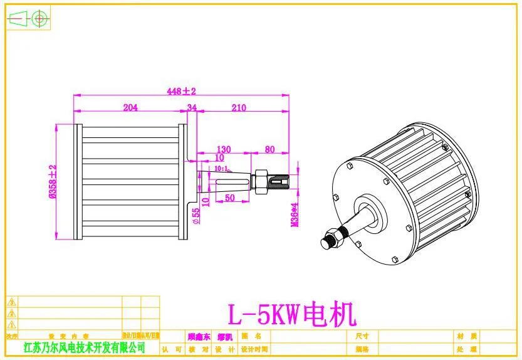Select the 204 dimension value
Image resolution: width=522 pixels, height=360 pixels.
pos(130,107)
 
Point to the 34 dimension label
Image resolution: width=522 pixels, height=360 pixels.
pos(192,108)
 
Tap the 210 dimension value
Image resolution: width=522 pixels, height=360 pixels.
pos(239,107)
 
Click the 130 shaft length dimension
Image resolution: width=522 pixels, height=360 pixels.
pos(223,149)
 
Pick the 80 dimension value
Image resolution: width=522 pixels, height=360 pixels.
pos(269,149)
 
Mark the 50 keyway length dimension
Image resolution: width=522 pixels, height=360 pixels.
pos(229,198)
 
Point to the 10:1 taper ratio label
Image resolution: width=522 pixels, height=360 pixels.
pos(221,169)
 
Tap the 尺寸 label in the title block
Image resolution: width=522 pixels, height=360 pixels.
pos(362,337)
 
